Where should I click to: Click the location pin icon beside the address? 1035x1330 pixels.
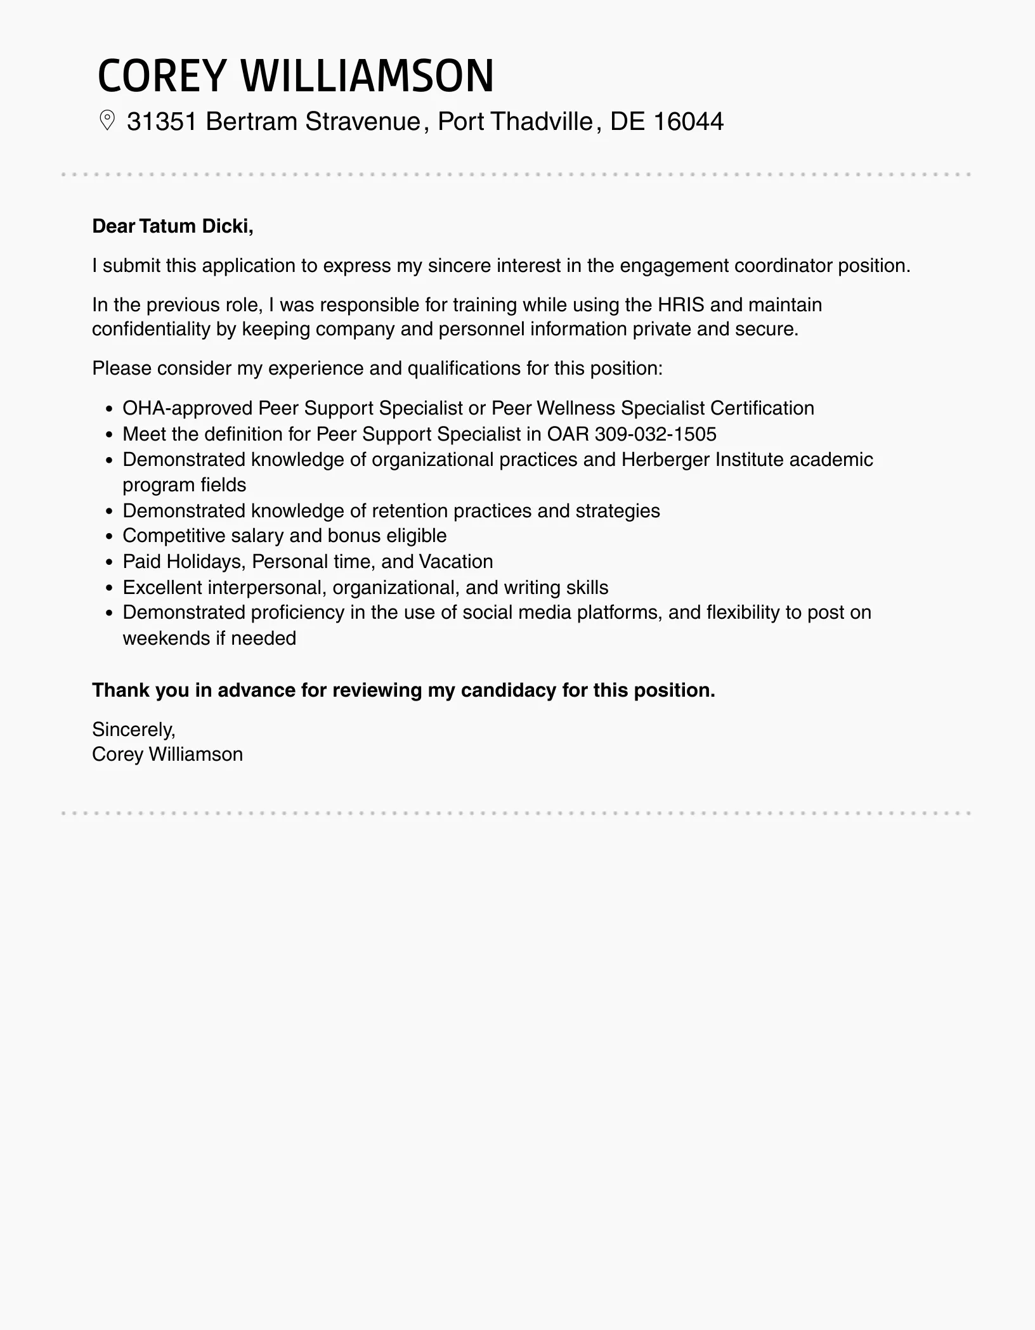tap(107, 120)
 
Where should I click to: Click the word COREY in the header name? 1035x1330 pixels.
tap(162, 76)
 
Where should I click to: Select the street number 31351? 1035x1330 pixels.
tap(162, 121)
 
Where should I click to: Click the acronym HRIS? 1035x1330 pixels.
tap(681, 305)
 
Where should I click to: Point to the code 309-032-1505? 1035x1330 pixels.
tap(656, 434)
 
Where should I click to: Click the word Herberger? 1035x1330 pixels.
tap(665, 460)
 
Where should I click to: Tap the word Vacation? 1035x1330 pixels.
tap(456, 562)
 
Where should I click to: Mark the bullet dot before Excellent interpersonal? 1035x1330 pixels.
tap(109, 588)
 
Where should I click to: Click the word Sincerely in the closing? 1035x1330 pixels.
tap(133, 730)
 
